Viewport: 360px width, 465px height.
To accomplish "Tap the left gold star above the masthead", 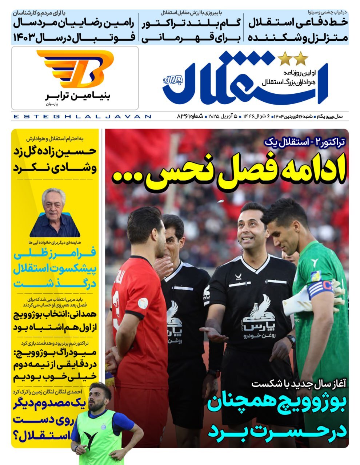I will click(x=283, y=58).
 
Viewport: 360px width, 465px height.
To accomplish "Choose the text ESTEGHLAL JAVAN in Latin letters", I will click(x=81, y=117).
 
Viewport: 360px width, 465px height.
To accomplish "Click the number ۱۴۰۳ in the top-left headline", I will click(x=26, y=37).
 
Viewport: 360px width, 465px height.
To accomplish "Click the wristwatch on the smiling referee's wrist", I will click(x=291, y=341).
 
